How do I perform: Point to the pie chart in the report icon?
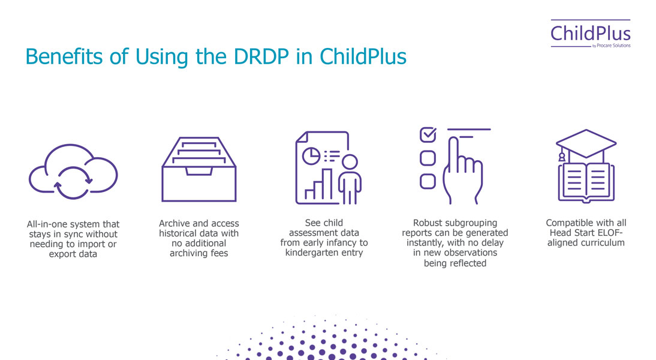311,155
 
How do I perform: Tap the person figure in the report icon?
348,178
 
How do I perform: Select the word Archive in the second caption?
174,224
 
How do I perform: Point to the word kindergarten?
314,253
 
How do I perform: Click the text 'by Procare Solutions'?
610,46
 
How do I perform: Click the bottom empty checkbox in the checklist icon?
428,180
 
